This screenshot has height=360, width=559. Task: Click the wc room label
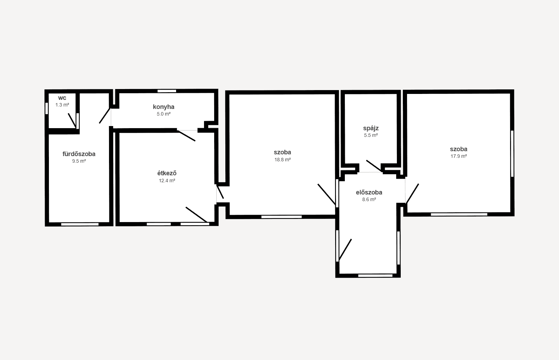[62, 98]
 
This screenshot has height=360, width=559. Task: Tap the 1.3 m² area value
[62, 105]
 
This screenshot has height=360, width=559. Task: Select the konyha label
[164, 107]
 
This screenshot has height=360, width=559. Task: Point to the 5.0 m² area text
[164, 114]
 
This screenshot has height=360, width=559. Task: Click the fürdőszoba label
[79, 154]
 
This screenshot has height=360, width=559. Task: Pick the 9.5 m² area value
[79, 161]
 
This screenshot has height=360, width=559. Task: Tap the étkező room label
[167, 173]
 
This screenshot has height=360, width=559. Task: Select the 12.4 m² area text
[167, 181]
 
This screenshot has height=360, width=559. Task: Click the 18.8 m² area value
[283, 160]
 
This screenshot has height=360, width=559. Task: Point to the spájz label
[371, 128]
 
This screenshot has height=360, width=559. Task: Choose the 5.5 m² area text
[371, 135]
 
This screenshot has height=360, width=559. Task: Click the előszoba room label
[369, 192]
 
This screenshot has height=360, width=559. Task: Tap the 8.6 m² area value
[369, 200]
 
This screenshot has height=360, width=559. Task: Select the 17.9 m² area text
[459, 156]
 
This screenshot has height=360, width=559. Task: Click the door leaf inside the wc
[72, 121]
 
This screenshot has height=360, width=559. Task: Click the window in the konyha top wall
[167, 91]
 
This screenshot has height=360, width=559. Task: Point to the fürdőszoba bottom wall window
[80, 224]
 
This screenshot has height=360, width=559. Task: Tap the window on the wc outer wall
[47, 108]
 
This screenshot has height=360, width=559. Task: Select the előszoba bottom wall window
[375, 276]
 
